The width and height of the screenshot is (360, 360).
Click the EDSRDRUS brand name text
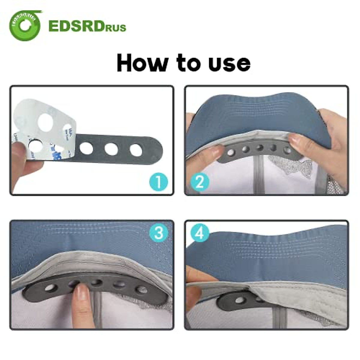87,26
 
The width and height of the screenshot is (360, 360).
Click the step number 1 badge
158,182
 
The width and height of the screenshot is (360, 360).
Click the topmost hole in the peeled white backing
46,121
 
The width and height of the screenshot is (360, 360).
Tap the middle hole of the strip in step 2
260,148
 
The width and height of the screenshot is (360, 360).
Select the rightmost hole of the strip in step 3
141,290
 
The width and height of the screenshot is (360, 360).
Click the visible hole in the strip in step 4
239,300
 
